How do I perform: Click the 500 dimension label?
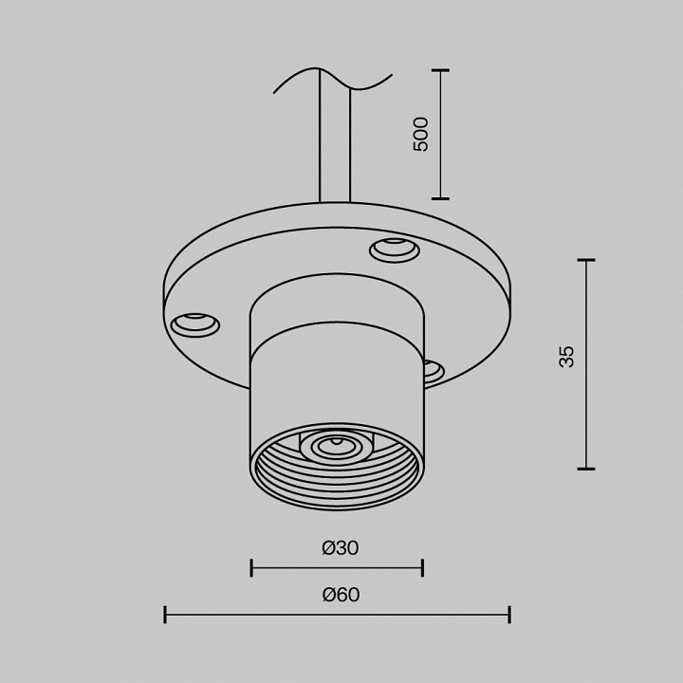point(421,134)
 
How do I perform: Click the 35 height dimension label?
point(566,357)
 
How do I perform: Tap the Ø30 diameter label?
point(340,547)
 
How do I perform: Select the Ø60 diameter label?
point(341,595)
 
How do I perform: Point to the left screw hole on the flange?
point(194,323)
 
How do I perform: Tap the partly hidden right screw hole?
point(432,370)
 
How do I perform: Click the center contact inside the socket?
point(334,444)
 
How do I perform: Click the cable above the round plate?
point(336,142)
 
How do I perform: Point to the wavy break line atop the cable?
point(332,80)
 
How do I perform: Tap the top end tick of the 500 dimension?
point(440,70)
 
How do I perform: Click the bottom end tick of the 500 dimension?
point(440,198)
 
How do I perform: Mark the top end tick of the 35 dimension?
point(585,260)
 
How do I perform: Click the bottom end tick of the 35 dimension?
point(585,469)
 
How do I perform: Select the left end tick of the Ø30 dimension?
point(251,568)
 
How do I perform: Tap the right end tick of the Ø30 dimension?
point(422,568)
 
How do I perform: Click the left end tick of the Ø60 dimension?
point(165,615)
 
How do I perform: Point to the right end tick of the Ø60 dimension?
point(510,615)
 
